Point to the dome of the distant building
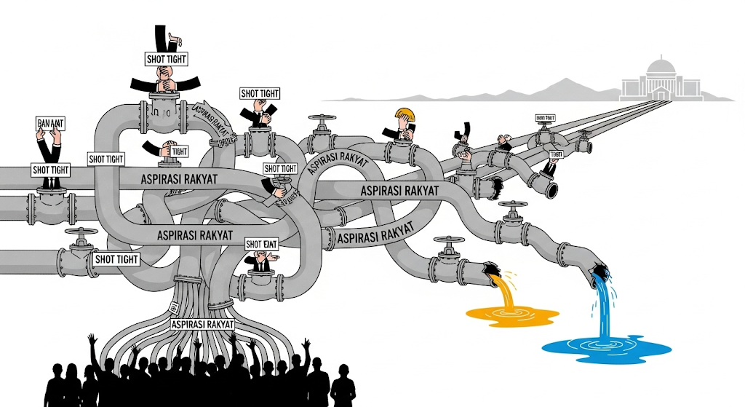click(x=661, y=69)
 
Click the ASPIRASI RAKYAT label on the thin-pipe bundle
click(x=202, y=324)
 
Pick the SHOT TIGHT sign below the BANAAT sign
click(x=51, y=170)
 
